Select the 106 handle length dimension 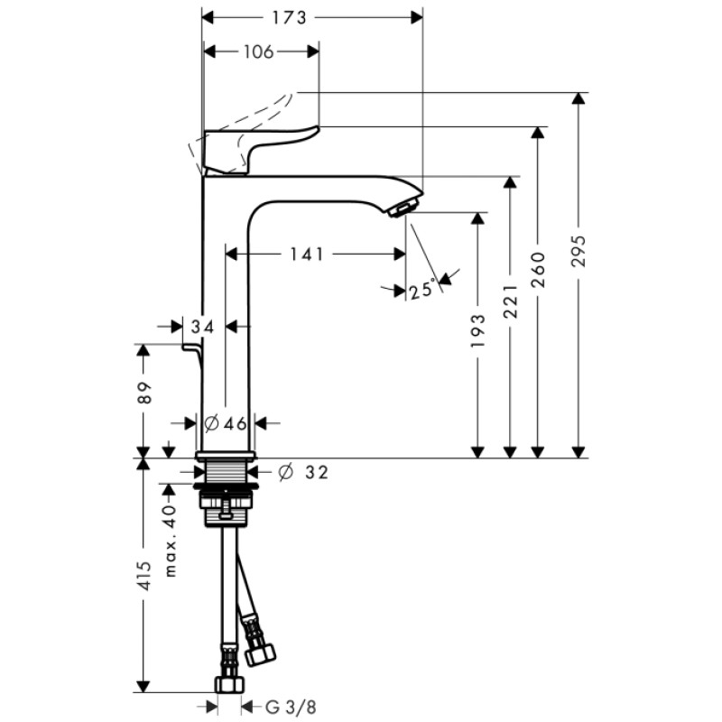258,51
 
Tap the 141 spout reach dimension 307,255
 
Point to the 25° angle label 421,291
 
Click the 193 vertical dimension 478,330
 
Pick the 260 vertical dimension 539,268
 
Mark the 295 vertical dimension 579,250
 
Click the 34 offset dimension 203,326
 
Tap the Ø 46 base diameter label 226,422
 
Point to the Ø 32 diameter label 301,471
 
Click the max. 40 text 170,541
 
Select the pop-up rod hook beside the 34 192,347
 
